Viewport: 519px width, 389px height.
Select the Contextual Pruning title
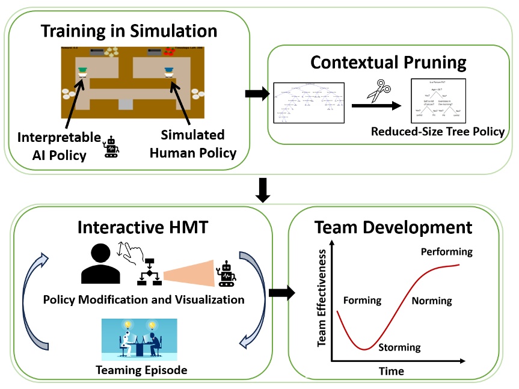388,62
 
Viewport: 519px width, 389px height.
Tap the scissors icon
378,92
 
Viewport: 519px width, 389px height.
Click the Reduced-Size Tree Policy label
437,131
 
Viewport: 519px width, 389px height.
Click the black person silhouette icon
98,265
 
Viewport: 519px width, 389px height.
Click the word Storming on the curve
399,348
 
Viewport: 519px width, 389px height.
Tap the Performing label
446,251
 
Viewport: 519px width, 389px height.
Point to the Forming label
362,300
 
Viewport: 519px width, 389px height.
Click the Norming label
432,301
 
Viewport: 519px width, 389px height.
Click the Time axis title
391,372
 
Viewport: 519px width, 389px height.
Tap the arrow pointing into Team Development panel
281,293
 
